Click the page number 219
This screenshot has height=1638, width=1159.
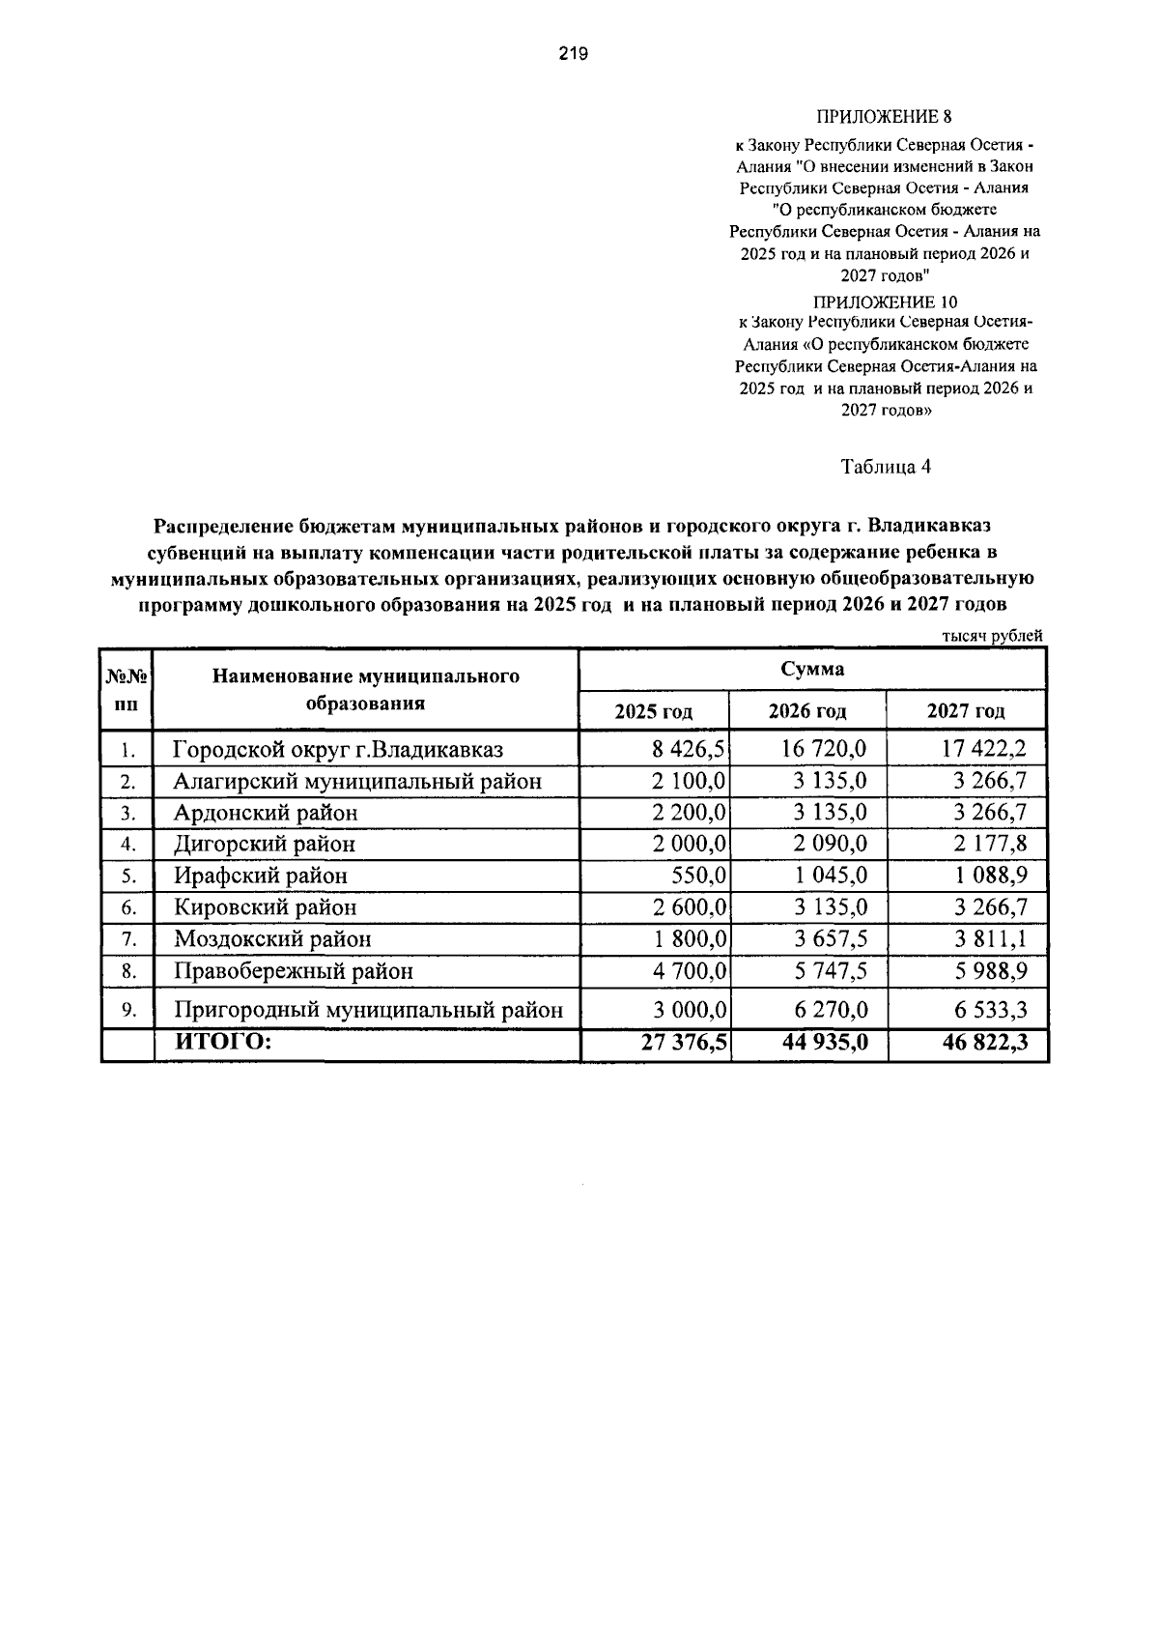point(573,54)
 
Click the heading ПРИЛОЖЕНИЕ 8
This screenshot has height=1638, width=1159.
point(885,117)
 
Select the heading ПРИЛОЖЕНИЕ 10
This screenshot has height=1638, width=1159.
point(885,302)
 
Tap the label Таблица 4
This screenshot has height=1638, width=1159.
point(886,467)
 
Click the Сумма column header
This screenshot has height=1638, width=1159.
point(812,669)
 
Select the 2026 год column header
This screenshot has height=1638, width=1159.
point(807,711)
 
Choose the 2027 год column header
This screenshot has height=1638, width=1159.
point(966,711)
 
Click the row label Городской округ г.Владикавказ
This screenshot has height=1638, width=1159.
point(338,749)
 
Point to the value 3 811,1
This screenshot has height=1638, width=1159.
point(991,938)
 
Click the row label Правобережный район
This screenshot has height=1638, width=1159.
point(293,970)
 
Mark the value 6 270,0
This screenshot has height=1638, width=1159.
point(832,1010)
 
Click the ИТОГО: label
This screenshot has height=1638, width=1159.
point(222,1042)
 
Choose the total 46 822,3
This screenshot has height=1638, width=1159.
point(985,1042)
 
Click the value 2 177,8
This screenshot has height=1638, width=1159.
point(991,844)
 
